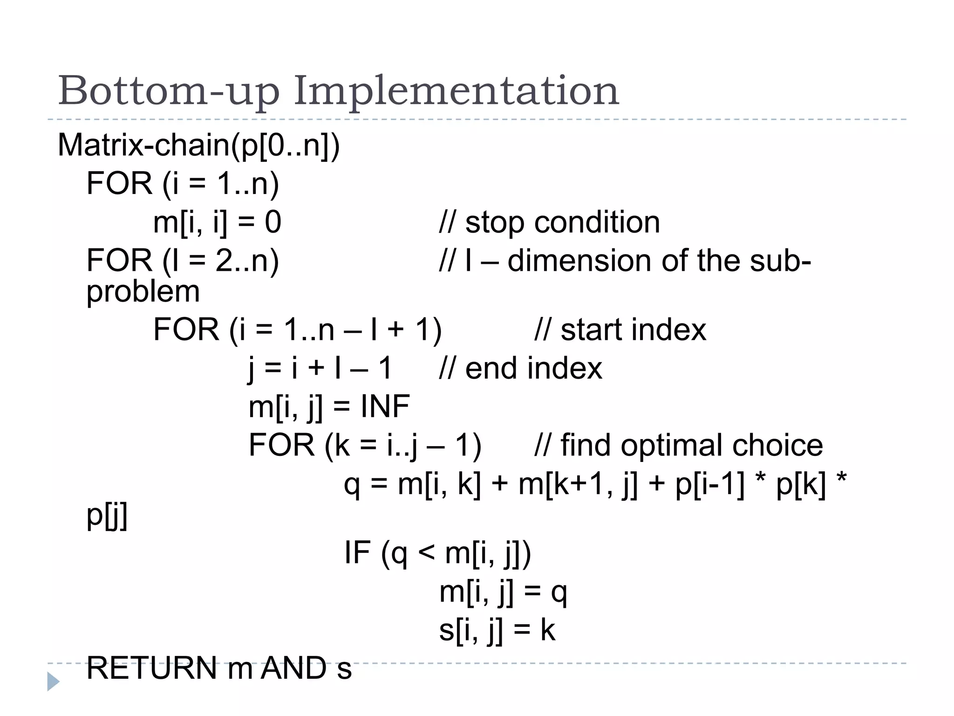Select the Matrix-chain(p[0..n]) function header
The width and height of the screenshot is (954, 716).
[199, 145]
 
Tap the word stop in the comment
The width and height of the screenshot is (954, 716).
[495, 222]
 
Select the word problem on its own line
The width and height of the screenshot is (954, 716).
[143, 292]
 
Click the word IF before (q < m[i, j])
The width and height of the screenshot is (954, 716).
[357, 552]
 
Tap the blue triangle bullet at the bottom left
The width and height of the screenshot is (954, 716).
[53, 682]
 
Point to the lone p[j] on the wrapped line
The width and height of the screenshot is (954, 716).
[107, 516]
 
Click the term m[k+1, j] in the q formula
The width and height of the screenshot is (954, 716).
[578, 485]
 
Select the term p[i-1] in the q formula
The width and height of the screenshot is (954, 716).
[709, 485]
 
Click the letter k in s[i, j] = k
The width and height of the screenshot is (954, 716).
[548, 630]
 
